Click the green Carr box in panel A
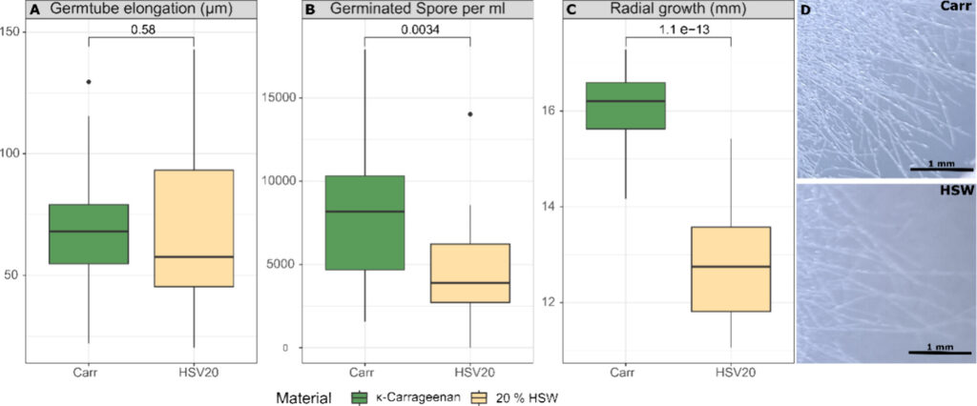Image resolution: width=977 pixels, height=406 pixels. [89, 233]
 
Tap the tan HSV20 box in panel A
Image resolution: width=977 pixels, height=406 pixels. [194, 228]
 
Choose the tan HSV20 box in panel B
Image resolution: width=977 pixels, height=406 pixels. [469, 273]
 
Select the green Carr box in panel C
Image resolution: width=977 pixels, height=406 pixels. [626, 105]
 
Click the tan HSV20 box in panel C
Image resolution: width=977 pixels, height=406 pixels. [731, 269]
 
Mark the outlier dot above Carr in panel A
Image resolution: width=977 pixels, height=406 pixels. [89, 82]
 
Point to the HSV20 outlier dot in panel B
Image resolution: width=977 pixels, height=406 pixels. [469, 114]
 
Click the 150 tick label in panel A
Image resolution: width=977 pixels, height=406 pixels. [14, 31]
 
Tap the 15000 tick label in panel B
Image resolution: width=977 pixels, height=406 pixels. [281, 97]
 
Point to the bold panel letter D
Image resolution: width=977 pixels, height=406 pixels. [805, 10]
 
